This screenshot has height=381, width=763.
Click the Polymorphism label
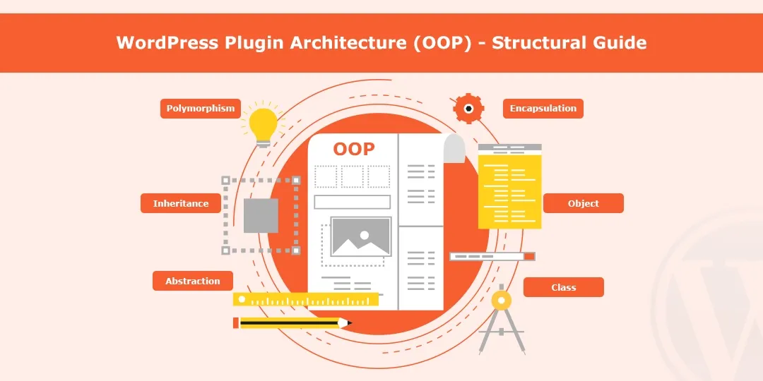(201, 109)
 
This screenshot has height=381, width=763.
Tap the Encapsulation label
(543, 109)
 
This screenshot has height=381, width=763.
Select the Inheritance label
(181, 203)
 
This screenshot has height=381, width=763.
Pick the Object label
(583, 203)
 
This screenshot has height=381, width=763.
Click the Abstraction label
(192, 281)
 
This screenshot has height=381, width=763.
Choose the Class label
(563, 287)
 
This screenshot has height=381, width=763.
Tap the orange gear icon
(468, 109)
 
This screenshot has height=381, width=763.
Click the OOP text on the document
(354, 149)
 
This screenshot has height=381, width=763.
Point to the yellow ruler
(305, 300)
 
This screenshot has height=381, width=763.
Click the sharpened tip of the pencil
(348, 323)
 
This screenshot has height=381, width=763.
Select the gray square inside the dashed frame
(261, 215)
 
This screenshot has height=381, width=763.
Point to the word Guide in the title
(620, 42)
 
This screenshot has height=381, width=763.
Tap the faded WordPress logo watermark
(714, 296)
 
